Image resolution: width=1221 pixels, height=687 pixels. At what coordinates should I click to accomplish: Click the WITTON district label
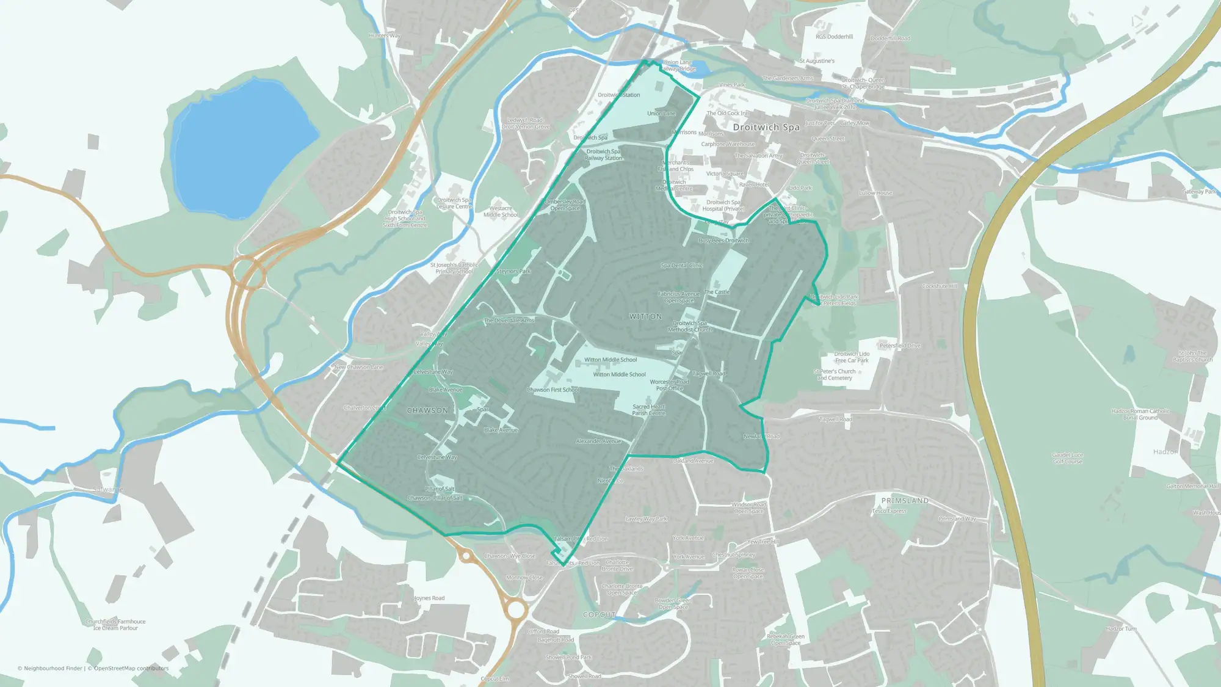[645, 316]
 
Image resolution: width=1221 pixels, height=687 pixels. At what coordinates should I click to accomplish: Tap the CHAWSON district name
[427, 410]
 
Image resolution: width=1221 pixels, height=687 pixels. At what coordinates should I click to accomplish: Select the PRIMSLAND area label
[905, 500]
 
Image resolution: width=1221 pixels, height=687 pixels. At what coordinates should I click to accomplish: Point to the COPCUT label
[599, 614]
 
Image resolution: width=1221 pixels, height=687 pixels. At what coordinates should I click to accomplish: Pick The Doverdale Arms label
[509, 320]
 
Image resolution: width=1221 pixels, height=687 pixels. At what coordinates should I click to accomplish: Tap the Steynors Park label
[513, 271]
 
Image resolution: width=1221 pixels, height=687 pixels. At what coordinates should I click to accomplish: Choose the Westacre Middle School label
[501, 211]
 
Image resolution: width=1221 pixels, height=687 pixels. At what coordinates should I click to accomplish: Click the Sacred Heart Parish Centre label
[648, 410]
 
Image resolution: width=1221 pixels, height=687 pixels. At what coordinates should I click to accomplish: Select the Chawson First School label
[553, 390]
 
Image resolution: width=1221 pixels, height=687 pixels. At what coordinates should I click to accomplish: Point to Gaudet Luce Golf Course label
[1067, 458]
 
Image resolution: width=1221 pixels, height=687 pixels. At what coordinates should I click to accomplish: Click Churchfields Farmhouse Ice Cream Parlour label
[115, 624]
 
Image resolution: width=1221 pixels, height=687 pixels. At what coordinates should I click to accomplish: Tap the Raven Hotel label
[754, 184]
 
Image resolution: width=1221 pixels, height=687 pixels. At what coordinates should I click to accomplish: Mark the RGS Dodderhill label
[834, 37]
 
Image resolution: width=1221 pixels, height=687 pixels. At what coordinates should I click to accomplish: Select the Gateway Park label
[1199, 192]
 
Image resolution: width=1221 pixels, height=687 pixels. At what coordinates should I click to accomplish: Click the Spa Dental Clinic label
[681, 266]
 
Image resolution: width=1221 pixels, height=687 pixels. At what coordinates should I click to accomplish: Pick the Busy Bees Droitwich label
[723, 241]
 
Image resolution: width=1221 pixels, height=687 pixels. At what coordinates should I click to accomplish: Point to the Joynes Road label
[429, 598]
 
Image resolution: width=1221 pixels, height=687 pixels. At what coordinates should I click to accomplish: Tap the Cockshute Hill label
[940, 286]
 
